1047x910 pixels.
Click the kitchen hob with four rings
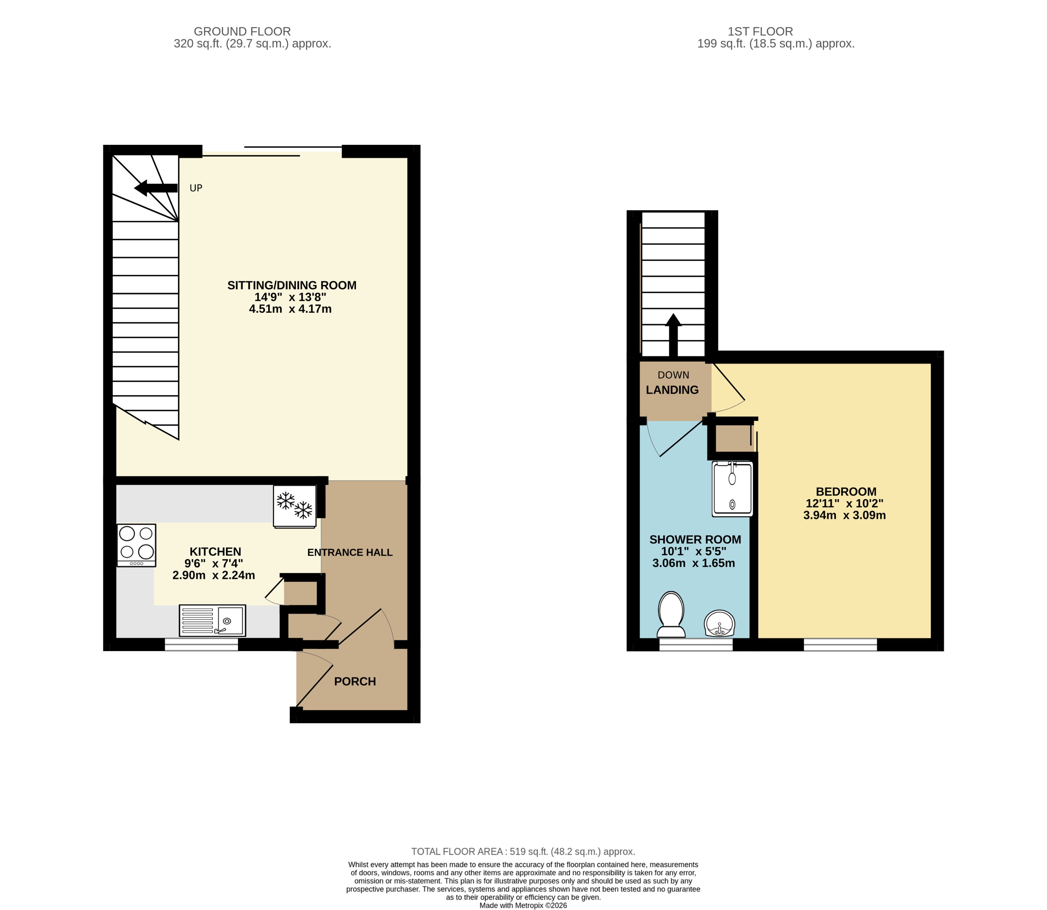[x=136, y=545]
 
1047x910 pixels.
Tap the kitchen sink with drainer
[x=212, y=620]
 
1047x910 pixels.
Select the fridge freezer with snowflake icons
[x=295, y=506]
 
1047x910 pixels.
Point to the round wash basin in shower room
[x=720, y=624]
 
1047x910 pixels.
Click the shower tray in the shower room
[x=732, y=489]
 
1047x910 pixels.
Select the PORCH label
[x=355, y=681]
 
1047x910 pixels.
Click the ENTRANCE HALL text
[x=350, y=552]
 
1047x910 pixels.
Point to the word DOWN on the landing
[x=673, y=375]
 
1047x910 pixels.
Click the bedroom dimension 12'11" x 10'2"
[x=844, y=504]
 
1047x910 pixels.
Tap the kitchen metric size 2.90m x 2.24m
[x=213, y=575]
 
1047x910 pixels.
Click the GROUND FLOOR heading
[x=242, y=31]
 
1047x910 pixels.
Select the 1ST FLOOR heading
[x=760, y=31]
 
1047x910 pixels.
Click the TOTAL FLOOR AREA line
[x=523, y=851]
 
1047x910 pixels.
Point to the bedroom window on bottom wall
[x=840, y=645]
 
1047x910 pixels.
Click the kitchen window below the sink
[x=201, y=645]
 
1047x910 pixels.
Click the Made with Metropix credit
[x=523, y=905]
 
